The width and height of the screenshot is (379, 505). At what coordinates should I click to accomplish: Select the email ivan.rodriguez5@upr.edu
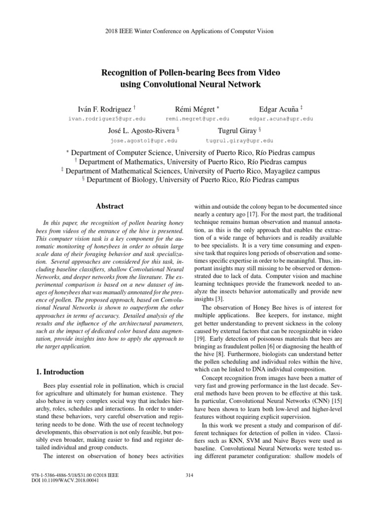click(106, 119)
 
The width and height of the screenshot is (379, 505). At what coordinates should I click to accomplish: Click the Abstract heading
click(110, 206)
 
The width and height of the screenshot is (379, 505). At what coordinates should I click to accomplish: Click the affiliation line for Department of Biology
click(190, 180)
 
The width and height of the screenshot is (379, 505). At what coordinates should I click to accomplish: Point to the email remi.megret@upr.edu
click(197, 119)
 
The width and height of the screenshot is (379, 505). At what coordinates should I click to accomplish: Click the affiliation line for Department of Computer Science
click(190, 153)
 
